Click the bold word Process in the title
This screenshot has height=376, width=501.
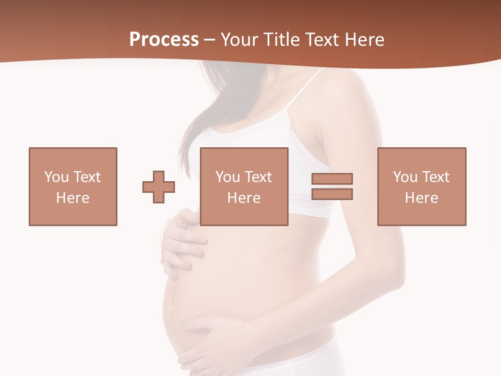coord(164,40)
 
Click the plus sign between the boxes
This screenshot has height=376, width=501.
coord(159,186)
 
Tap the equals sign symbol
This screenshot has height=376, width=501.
coord(332,186)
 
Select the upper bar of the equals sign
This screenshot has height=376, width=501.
coord(332,179)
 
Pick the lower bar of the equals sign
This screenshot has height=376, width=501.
coord(332,194)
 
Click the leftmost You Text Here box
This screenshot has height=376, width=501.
coord(73,186)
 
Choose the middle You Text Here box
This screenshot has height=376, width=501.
coord(244,186)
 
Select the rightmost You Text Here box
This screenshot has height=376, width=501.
coord(422,186)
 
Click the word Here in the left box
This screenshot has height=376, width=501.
coord(73,198)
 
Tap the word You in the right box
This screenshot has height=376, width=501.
coord(404,177)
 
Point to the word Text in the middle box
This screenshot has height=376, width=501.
coord(257,177)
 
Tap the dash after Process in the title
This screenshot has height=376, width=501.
coord(210,40)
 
